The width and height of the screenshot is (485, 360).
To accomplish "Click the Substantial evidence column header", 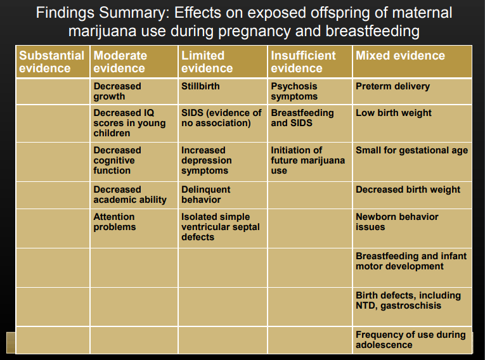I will pyautogui.click(x=52, y=61).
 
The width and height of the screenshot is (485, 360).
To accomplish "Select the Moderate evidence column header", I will pyautogui.click(x=120, y=61).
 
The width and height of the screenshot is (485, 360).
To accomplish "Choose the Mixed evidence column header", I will pyautogui.click(x=400, y=56).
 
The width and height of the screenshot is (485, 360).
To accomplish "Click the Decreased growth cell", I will pyautogui.click(x=117, y=91).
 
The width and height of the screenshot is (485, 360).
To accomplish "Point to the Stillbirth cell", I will pyautogui.click(x=200, y=86).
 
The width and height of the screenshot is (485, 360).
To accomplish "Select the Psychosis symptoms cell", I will pyautogui.click(x=294, y=91).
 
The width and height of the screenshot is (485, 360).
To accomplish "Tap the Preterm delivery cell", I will pyautogui.click(x=392, y=86).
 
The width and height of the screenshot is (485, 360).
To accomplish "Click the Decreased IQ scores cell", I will pyautogui.click(x=129, y=123).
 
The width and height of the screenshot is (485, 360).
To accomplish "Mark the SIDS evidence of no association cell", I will pyautogui.click(x=221, y=118).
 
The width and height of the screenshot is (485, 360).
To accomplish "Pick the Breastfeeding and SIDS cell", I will pyautogui.click(x=302, y=118).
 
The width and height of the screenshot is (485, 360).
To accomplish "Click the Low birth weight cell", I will pyautogui.click(x=394, y=113).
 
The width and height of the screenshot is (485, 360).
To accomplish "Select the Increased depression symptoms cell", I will pyautogui.click(x=206, y=160).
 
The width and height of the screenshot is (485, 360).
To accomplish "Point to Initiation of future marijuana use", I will pyautogui.click(x=307, y=160).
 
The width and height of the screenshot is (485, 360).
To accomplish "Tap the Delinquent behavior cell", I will pyautogui.click(x=205, y=195).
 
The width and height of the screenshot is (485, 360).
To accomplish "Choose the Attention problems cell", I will pyautogui.click(x=114, y=221).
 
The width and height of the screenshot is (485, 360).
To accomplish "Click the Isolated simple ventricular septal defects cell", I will pyautogui.click(x=220, y=227).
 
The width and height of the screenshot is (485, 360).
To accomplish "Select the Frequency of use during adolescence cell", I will pyautogui.click(x=410, y=340).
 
